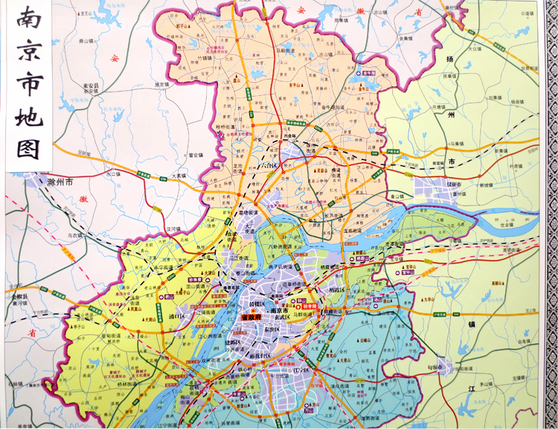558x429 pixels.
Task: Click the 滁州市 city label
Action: [x=59, y=181]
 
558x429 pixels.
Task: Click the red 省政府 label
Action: [x=255, y=316]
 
